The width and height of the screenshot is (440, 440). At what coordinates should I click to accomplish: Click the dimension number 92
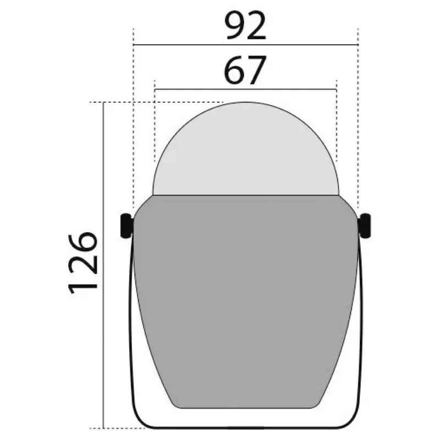coord(245,26)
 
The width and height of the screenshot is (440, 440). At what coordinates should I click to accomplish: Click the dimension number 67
coord(245,70)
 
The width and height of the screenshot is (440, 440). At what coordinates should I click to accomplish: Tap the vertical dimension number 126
coord(83,263)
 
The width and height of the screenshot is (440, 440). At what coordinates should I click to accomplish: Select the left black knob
coord(127,226)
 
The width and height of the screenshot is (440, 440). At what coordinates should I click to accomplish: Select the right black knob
coord(365,226)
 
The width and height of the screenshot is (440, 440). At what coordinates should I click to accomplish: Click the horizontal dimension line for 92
coord(246,45)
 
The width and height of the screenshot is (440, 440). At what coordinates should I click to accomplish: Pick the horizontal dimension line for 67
coord(245,89)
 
